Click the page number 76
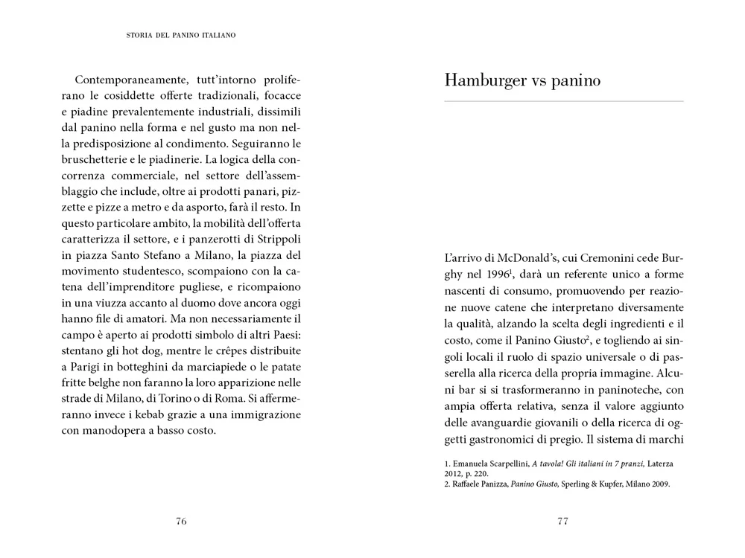point(181,521)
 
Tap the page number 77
point(563,521)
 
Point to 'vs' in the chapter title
point(542,80)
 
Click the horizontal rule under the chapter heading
point(563,100)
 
